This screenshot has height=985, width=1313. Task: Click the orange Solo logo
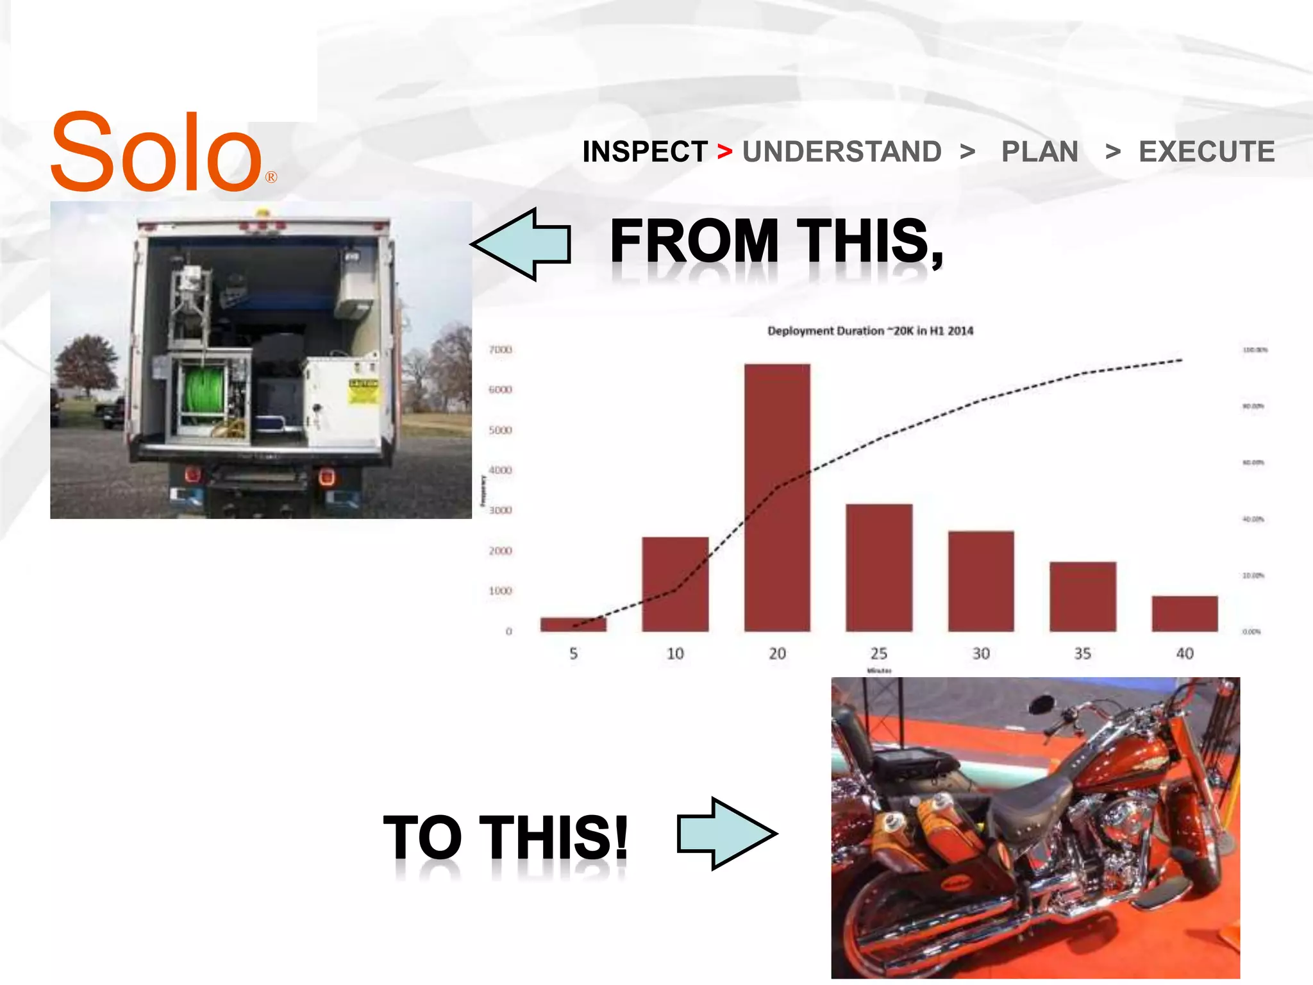pyautogui.click(x=157, y=153)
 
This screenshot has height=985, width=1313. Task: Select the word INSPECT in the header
pyautogui.click(x=645, y=152)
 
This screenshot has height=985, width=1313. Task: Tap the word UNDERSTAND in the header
pyautogui.click(x=842, y=152)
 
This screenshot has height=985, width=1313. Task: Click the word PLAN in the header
pyautogui.click(x=1039, y=152)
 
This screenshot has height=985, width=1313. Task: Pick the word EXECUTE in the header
pyautogui.click(x=1207, y=152)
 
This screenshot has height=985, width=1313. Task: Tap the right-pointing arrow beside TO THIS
pyautogui.click(x=727, y=834)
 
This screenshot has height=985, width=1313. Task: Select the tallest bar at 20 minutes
pyautogui.click(x=777, y=498)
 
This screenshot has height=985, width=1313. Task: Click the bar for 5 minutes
pyautogui.click(x=573, y=624)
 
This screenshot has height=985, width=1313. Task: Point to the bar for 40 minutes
pyautogui.click(x=1184, y=614)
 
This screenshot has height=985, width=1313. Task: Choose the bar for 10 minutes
pyautogui.click(x=675, y=584)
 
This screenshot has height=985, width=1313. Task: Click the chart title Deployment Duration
pyautogui.click(x=870, y=331)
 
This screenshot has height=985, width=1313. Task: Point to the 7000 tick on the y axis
pyautogui.click(x=500, y=349)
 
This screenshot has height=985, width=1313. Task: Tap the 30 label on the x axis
pyautogui.click(x=981, y=653)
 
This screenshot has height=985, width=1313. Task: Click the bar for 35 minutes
pyautogui.click(x=1083, y=596)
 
